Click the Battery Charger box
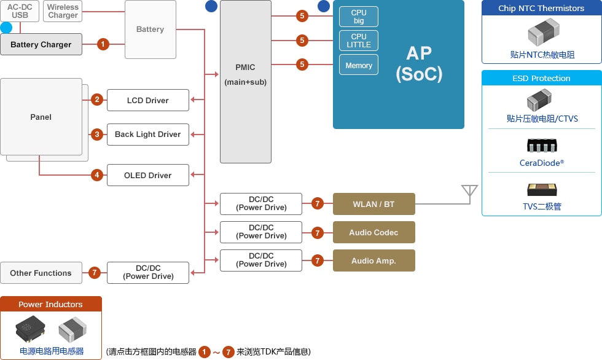pyautogui.click(x=41, y=44)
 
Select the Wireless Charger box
pyautogui.click(x=63, y=11)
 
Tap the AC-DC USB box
pyautogui.click(x=20, y=11)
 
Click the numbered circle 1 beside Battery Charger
pyautogui.click(x=103, y=44)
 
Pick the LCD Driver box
pyautogui.click(x=148, y=100)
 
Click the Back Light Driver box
pyautogui.click(x=148, y=135)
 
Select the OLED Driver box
pyautogui.click(x=148, y=175)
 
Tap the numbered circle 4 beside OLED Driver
pyautogui.click(x=97, y=175)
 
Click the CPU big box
pyautogui.click(x=359, y=17)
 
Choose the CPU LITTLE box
pyautogui.click(x=359, y=41)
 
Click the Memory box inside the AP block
pyautogui.click(x=359, y=65)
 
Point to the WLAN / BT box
pyautogui.click(x=374, y=204)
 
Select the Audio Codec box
pyautogui.click(x=374, y=232)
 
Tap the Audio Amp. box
pyautogui.click(x=374, y=260)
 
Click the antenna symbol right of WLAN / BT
pyautogui.click(x=469, y=192)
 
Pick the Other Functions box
pyautogui.click(x=41, y=273)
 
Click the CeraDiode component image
pyautogui.click(x=542, y=146)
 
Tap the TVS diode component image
pyautogui.click(x=542, y=190)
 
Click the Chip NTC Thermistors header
pyautogui.click(x=541, y=8)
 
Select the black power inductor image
pyautogui.click(x=30, y=329)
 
